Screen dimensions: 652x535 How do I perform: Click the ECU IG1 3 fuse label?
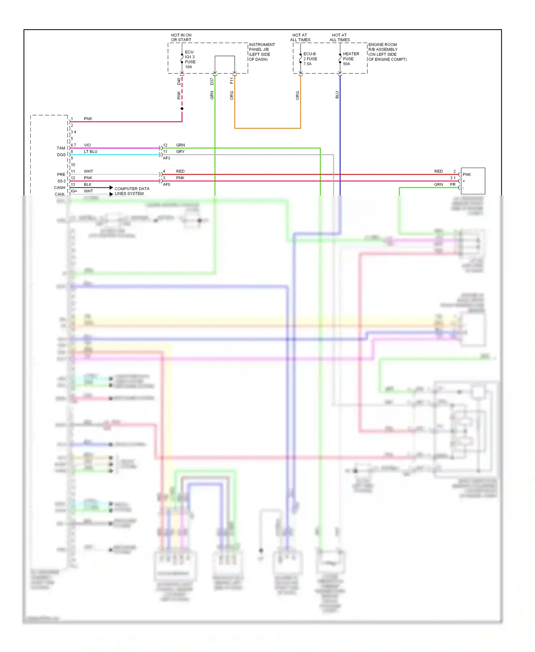pos(190,59)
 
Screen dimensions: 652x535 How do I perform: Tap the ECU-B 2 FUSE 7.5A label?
pos(310,59)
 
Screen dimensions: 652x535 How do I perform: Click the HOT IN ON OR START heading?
pos(181,37)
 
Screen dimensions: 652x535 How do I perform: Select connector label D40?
pos(179,81)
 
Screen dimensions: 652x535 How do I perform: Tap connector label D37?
pos(212,81)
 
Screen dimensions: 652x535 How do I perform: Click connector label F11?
pos(231,81)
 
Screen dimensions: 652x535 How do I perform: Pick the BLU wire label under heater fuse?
pos(337,95)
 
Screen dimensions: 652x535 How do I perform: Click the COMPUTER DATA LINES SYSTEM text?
pos(132,191)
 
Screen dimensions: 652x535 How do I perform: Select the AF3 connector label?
pos(167,158)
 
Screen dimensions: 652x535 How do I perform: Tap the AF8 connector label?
pos(167,184)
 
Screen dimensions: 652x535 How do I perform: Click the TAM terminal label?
pos(61,148)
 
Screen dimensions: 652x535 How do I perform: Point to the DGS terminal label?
pos(61,155)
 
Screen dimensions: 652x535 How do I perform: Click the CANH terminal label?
pos(60,188)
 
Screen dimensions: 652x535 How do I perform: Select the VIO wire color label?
pos(87,145)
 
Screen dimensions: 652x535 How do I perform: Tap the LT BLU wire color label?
pos(91,152)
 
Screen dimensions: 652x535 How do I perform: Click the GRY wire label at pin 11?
pos(180,152)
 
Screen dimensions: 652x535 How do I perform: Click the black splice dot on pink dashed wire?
pos(182,108)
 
